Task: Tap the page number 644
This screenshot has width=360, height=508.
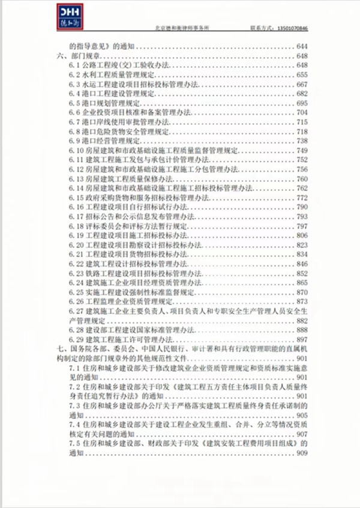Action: pyautogui.click(x=302, y=46)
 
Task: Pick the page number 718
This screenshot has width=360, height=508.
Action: pyautogui.click(x=302, y=131)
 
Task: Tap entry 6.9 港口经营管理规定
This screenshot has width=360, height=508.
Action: pyautogui.click(x=106, y=141)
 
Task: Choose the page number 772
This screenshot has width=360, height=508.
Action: pyautogui.click(x=302, y=198)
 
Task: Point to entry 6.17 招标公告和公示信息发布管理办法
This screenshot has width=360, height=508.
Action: pyautogui.click(x=138, y=216)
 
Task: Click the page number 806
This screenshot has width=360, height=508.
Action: pyautogui.click(x=302, y=235)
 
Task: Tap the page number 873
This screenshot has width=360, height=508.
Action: pyautogui.click(x=302, y=301)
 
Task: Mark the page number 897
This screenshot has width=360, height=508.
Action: pyautogui.click(x=302, y=340)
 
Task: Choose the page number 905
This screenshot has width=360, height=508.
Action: pyautogui.click(x=302, y=416)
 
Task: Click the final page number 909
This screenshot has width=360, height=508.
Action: pyautogui.click(x=302, y=453)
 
